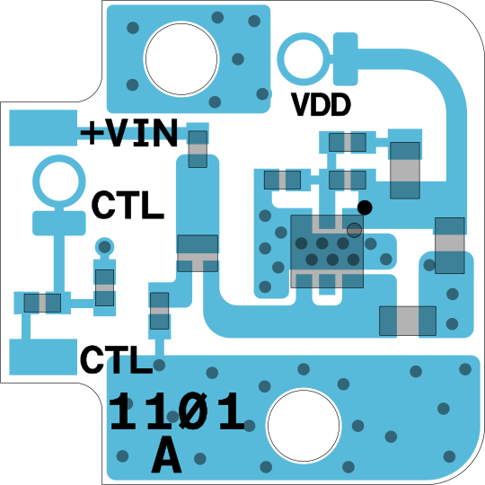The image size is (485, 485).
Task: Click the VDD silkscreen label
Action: click(x=321, y=105)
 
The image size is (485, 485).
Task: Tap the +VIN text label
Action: click(x=129, y=133)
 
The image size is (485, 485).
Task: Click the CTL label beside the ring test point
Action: click(x=128, y=205)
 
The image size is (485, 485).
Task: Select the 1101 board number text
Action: click(x=177, y=411)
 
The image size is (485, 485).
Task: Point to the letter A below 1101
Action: click(x=166, y=454)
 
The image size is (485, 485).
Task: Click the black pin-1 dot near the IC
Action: click(x=365, y=207)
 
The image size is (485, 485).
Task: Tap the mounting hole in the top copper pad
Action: click(x=181, y=58)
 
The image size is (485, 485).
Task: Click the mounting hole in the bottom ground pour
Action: click(x=304, y=426)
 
